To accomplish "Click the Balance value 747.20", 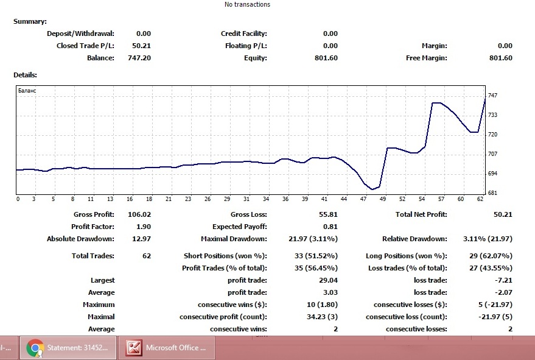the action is point(139,58).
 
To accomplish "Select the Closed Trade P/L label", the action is point(85,46).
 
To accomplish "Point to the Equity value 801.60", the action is point(326,58).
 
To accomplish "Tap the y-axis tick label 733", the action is point(492,115).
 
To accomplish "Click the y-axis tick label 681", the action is point(492,193).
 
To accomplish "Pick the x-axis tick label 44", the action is point(344,199).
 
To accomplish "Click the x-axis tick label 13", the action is point(110,199).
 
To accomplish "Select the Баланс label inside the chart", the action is point(27,91).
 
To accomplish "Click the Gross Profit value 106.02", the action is point(139,214).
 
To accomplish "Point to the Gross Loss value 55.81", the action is point(328,214).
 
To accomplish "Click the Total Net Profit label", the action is point(421,214).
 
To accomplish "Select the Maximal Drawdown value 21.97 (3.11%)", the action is point(313,239).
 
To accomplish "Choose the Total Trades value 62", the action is point(147,256).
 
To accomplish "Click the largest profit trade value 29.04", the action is point(328,280).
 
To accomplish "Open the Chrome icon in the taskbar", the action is point(35,348).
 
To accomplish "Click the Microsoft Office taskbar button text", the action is point(176,348).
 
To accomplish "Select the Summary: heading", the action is point(30,21).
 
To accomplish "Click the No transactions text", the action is point(247,4).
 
